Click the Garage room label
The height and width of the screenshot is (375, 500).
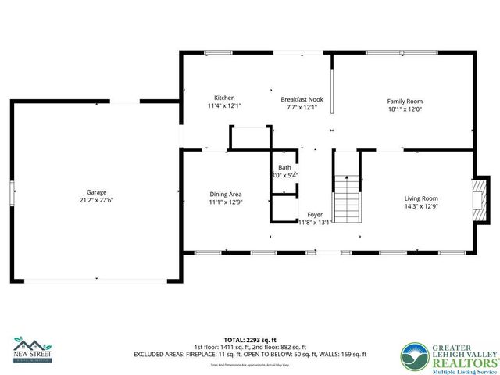pyautogui.click(x=96, y=192)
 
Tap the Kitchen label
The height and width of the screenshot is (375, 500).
pyautogui.click(x=224, y=98)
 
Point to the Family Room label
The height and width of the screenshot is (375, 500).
pyautogui.click(x=405, y=102)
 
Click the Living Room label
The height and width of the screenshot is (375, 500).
pyautogui.click(x=421, y=198)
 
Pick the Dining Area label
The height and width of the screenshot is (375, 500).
pyautogui.click(x=225, y=195)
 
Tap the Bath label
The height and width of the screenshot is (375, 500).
pyautogui.click(x=284, y=167)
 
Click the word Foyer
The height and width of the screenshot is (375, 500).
pyautogui.click(x=315, y=214)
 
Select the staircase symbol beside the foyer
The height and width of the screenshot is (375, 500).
pyautogui.click(x=347, y=199)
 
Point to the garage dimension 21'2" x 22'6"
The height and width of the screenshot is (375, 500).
pyautogui.click(x=96, y=200)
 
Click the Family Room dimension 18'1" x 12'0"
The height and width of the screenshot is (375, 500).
pyautogui.click(x=405, y=109)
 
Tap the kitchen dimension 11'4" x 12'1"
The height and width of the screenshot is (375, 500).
pyautogui.click(x=224, y=106)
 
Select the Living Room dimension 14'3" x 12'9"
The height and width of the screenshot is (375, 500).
pyautogui.click(x=421, y=206)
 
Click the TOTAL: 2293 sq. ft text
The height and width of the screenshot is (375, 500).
pyautogui.click(x=252, y=341)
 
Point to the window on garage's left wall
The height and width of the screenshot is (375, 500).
pyautogui.click(x=12, y=192)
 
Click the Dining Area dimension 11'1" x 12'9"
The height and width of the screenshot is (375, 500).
pyautogui.click(x=225, y=202)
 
